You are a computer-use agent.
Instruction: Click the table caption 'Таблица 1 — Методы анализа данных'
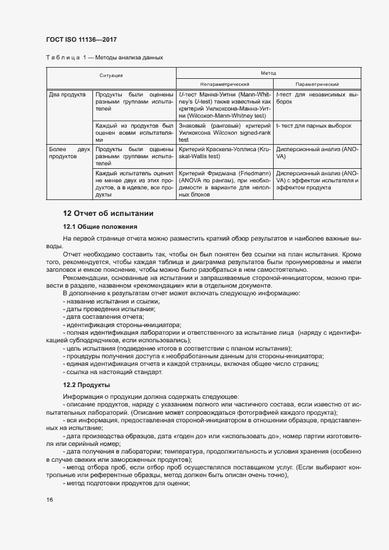(x=104, y=58)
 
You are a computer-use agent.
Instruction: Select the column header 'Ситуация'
(x=111, y=76)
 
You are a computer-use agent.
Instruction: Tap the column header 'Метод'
(x=268, y=72)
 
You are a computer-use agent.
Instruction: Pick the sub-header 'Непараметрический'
(x=224, y=84)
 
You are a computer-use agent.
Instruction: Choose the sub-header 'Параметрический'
(x=317, y=84)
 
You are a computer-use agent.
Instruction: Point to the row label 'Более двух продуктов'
(x=68, y=154)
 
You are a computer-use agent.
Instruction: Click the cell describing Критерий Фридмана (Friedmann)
(x=224, y=184)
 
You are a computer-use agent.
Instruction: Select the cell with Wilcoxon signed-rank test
(x=224, y=132)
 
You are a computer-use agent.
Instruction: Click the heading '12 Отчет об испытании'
(x=108, y=213)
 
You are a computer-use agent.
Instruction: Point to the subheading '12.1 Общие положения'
(x=100, y=226)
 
